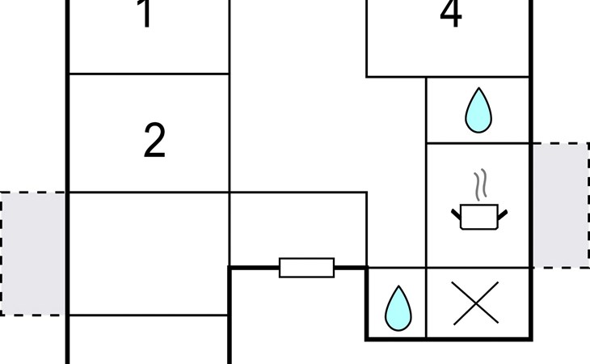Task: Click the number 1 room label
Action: click(146, 14)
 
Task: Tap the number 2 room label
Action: click(154, 141)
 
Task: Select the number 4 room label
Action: click(451, 14)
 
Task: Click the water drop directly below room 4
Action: click(478, 110)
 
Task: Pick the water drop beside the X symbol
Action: click(398, 308)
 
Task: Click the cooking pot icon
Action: click(479, 217)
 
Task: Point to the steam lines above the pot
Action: click(480, 184)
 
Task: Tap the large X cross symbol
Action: click(476, 303)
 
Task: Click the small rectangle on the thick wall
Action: click(306, 268)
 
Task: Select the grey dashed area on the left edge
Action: click(33, 254)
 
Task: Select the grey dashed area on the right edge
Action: click(561, 205)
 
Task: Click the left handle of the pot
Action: click(456, 214)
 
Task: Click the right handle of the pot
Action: click(503, 215)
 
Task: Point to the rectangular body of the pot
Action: click(479, 217)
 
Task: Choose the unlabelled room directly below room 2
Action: click(149, 254)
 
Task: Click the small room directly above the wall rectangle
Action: click(298, 230)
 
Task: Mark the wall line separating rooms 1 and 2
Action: click(149, 74)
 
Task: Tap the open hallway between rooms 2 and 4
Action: click(327, 113)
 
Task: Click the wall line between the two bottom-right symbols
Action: click(426, 303)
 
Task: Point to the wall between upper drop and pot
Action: click(478, 143)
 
